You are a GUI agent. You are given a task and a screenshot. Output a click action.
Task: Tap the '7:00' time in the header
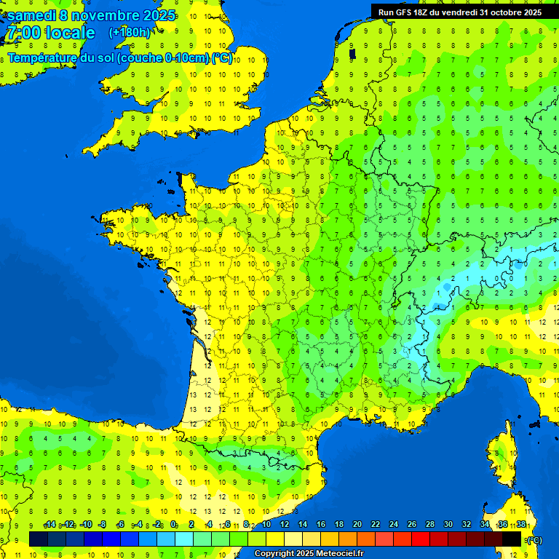(23, 33)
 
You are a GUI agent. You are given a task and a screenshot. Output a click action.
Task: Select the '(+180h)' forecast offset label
(130, 33)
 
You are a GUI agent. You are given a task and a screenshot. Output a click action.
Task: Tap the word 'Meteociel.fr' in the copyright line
(336, 554)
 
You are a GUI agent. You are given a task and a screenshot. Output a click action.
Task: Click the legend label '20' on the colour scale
(357, 525)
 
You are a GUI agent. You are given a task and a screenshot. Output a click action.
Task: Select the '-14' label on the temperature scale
(49, 525)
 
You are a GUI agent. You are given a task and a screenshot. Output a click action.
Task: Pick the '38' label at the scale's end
(520, 525)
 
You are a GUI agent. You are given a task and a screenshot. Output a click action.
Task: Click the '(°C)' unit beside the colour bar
(534, 540)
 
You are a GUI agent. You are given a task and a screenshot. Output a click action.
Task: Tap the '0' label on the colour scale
(174, 525)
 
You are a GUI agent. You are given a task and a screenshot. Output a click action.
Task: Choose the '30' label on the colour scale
(448, 525)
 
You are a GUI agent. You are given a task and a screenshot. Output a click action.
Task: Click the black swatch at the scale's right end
(512, 539)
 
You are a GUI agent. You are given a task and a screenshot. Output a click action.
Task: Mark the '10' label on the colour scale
(266, 525)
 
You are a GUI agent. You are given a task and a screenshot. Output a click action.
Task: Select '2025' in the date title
(155, 15)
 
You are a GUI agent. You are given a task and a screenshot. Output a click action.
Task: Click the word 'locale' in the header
(69, 33)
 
